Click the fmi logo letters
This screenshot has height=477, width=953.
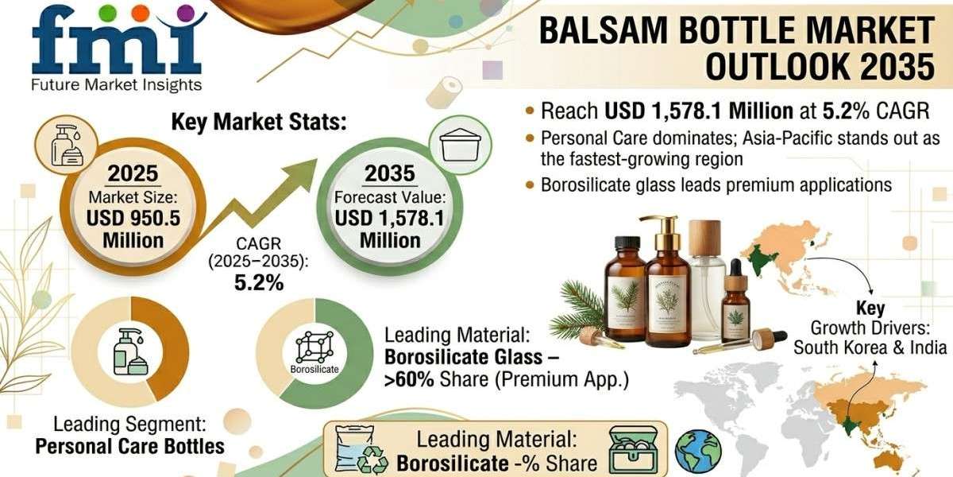111,40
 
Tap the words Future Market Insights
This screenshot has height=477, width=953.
117,84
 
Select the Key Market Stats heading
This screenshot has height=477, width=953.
259,122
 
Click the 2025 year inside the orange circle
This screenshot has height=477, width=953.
133,174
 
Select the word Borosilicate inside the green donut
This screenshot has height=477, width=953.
314,370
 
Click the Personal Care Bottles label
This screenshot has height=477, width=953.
130,446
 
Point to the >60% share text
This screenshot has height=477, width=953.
409,381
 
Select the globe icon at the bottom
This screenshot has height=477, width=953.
698,452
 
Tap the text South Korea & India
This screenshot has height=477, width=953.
870,347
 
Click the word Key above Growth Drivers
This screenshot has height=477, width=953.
870,308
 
